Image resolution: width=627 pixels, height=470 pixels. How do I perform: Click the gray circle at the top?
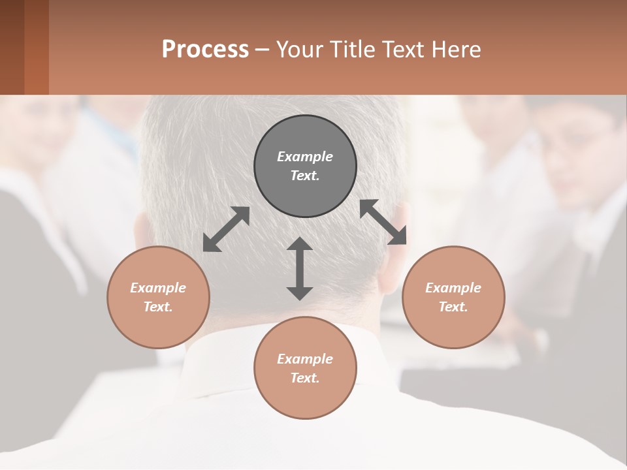[305, 166]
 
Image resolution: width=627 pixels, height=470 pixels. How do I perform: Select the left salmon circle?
[158, 297]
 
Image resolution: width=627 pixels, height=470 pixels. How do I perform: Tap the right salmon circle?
[453, 297]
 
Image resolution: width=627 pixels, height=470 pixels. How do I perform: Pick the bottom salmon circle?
[305, 368]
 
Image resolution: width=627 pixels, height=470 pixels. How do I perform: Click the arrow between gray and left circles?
[226, 229]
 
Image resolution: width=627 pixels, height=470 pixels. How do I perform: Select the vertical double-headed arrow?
[300, 268]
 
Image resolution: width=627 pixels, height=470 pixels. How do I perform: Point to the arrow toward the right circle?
[383, 222]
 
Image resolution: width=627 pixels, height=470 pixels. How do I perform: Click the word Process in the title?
[205, 49]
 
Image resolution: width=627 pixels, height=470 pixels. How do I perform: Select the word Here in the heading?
[457, 49]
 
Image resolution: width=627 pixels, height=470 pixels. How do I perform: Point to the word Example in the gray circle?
[305, 157]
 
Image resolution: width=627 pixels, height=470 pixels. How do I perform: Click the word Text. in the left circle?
[158, 307]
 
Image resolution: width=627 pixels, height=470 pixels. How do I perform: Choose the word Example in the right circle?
[453, 288]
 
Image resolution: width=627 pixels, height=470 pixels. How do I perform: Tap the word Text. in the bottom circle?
[305, 378]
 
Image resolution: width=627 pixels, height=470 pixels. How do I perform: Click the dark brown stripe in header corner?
[12, 47]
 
